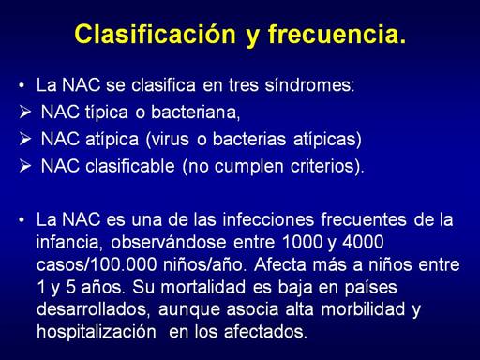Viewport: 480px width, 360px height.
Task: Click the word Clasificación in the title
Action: (156, 34)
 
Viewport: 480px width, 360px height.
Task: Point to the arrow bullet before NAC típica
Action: (25, 112)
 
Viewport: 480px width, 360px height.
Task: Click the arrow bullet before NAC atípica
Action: (25, 139)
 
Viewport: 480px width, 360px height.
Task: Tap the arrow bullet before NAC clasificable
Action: (25, 166)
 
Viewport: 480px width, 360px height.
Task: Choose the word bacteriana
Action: (194, 112)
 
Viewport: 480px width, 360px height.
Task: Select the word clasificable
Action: (130, 166)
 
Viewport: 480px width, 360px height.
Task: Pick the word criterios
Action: (322, 166)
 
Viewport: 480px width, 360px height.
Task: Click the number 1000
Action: (302, 242)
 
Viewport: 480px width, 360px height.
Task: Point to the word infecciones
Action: (268, 219)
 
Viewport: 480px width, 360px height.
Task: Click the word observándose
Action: (169, 242)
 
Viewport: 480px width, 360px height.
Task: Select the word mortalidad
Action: (203, 287)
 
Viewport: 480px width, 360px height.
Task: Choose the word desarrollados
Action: (91, 309)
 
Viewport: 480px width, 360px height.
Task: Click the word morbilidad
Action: (363, 309)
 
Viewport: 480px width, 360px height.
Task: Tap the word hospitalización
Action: (97, 332)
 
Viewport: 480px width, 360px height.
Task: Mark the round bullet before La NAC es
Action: (22, 219)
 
